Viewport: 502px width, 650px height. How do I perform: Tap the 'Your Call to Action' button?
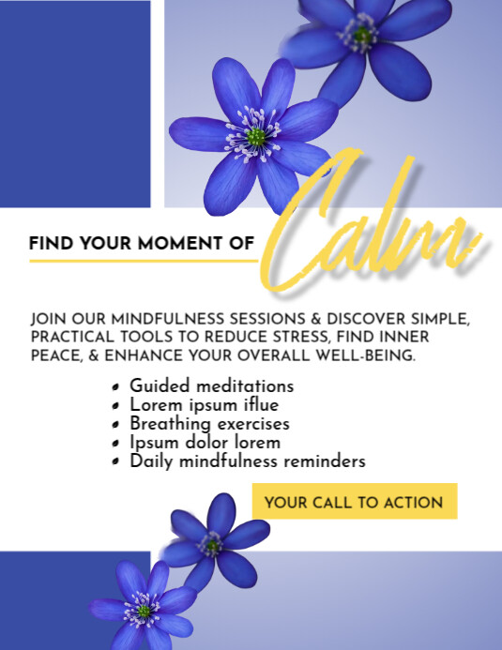click(354, 502)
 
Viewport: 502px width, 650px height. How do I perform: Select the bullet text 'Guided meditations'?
click(211, 385)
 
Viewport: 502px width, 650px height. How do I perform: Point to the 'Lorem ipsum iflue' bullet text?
click(203, 405)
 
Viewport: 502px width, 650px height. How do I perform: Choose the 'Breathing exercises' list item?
click(210, 424)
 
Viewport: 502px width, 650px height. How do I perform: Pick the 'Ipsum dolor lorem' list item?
click(205, 442)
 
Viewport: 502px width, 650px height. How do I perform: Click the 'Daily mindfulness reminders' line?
click(247, 461)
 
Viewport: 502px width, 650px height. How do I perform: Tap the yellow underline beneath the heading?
click(141, 260)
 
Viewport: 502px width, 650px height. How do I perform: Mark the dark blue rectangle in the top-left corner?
click(75, 103)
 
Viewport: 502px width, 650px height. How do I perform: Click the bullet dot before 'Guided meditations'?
click(114, 387)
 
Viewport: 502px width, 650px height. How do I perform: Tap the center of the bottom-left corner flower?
click(143, 611)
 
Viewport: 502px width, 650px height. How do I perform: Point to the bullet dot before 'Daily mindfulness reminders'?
click(114, 462)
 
